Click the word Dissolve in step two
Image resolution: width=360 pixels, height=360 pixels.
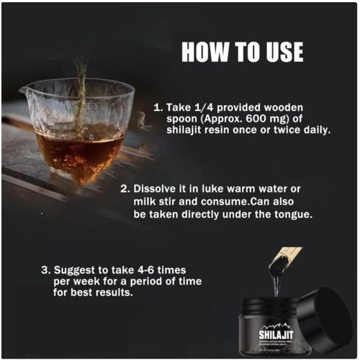158,188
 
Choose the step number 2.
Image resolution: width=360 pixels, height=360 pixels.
124,188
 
